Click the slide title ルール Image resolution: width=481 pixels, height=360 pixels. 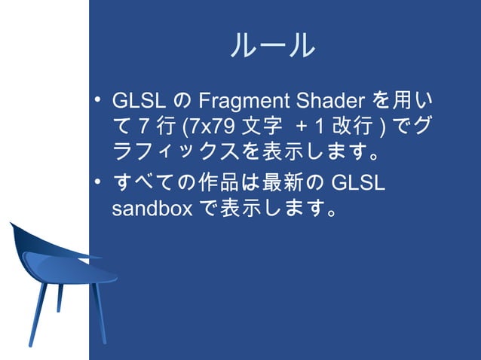(x=272, y=47)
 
